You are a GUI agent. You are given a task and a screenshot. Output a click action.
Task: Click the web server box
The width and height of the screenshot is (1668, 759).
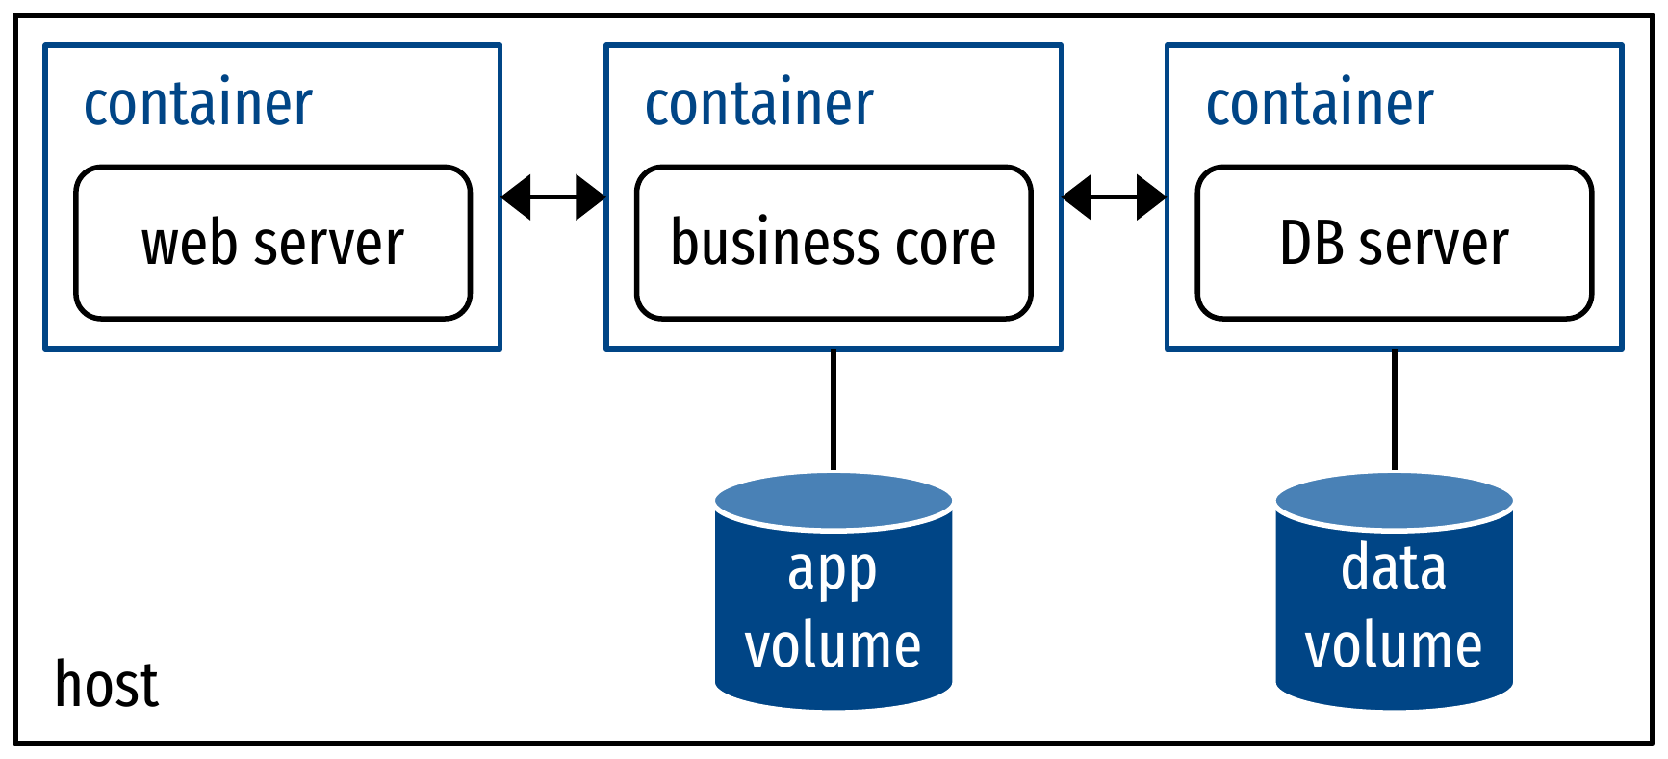272,243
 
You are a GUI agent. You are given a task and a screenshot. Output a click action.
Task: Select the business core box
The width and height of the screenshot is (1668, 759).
834,243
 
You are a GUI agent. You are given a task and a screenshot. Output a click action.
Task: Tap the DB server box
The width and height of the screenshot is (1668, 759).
1394,243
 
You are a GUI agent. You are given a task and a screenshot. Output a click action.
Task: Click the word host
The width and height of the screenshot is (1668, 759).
106,685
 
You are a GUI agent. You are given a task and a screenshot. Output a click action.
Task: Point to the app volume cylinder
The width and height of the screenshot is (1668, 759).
834,607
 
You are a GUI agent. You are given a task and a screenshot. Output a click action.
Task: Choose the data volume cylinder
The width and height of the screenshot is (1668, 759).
1394,607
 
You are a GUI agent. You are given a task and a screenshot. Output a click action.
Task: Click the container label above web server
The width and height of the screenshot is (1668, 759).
198,103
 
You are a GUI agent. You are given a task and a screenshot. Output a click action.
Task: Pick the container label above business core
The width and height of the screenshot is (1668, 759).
759,103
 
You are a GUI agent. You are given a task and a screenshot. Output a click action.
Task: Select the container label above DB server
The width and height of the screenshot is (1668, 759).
1320,103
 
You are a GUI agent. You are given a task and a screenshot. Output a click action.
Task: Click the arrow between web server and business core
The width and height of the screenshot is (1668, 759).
553,197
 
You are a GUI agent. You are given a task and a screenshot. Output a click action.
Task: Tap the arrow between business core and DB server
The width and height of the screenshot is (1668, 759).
1114,197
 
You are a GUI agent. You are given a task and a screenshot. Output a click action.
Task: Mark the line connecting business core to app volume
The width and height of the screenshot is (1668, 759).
834,409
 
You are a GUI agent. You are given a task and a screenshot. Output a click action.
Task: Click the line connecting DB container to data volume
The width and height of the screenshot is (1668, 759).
1394,409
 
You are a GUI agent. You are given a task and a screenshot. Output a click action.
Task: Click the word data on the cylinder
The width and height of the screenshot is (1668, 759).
1394,567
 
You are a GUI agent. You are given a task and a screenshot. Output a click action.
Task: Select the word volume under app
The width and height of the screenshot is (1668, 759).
834,645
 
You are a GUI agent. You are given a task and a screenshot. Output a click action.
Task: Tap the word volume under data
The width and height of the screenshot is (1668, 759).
1394,645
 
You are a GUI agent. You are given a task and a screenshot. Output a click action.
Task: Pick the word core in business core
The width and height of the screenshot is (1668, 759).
945,243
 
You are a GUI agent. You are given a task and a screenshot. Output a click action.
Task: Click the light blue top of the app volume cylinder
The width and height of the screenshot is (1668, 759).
834,500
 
